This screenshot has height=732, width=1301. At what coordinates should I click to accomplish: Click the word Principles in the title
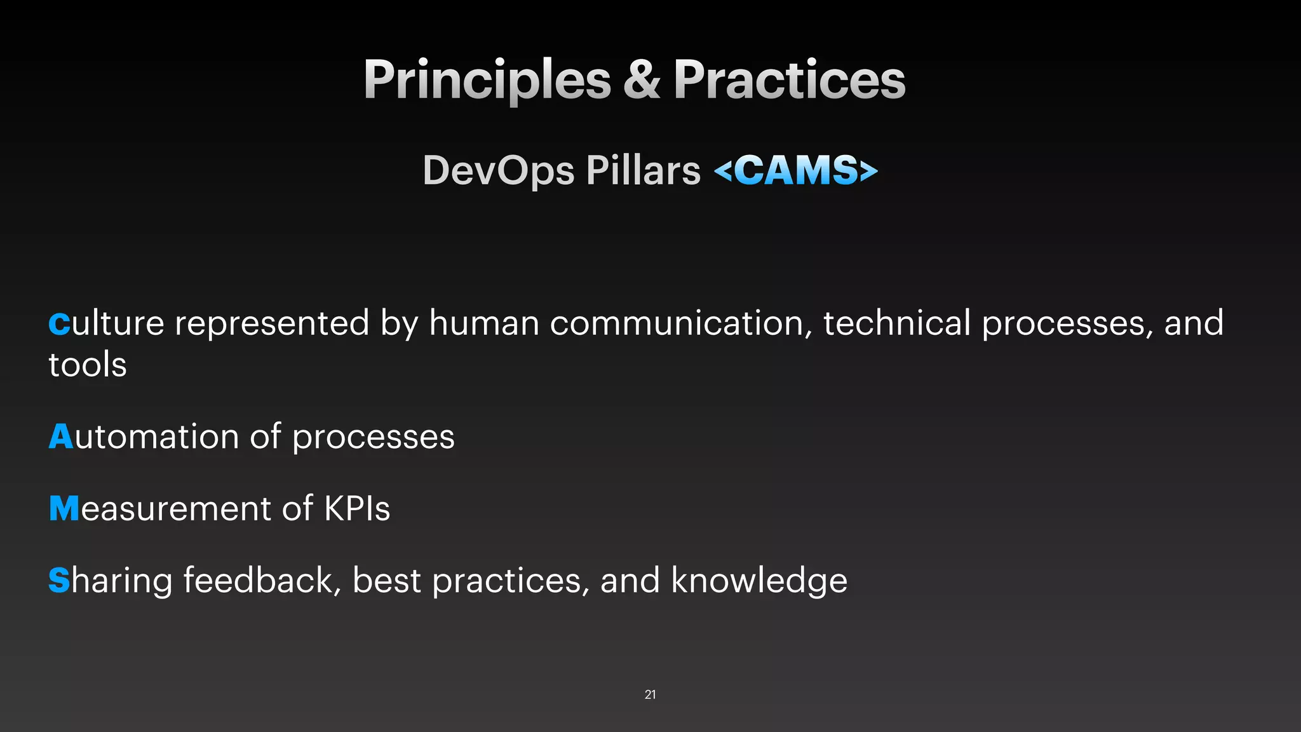coord(487,80)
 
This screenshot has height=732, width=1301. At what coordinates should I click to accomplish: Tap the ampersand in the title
coord(642,80)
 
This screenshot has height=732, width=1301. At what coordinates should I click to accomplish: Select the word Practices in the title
coord(789,80)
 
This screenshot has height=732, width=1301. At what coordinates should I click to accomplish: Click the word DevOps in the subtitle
coord(499,170)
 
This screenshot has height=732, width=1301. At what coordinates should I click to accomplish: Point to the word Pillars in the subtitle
coord(643,170)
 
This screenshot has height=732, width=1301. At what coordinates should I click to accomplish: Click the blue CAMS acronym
coord(796,170)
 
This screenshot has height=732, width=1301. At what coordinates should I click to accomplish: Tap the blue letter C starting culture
coord(59,323)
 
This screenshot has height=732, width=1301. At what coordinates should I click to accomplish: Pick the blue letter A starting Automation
coord(61,437)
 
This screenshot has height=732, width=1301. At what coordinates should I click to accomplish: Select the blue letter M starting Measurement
coord(64,508)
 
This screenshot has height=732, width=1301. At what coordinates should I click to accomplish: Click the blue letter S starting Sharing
coord(59,580)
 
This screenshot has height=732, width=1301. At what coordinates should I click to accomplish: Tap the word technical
coord(896,323)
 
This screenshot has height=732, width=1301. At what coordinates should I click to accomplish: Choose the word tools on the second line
coord(88,365)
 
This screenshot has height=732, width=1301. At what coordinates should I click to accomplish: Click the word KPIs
coord(357,508)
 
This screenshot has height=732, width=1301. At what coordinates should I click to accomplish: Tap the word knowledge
coord(758,581)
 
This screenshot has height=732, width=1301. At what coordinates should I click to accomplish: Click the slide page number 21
coord(650,695)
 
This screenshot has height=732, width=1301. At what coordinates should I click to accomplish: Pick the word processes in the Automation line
coord(373,437)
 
